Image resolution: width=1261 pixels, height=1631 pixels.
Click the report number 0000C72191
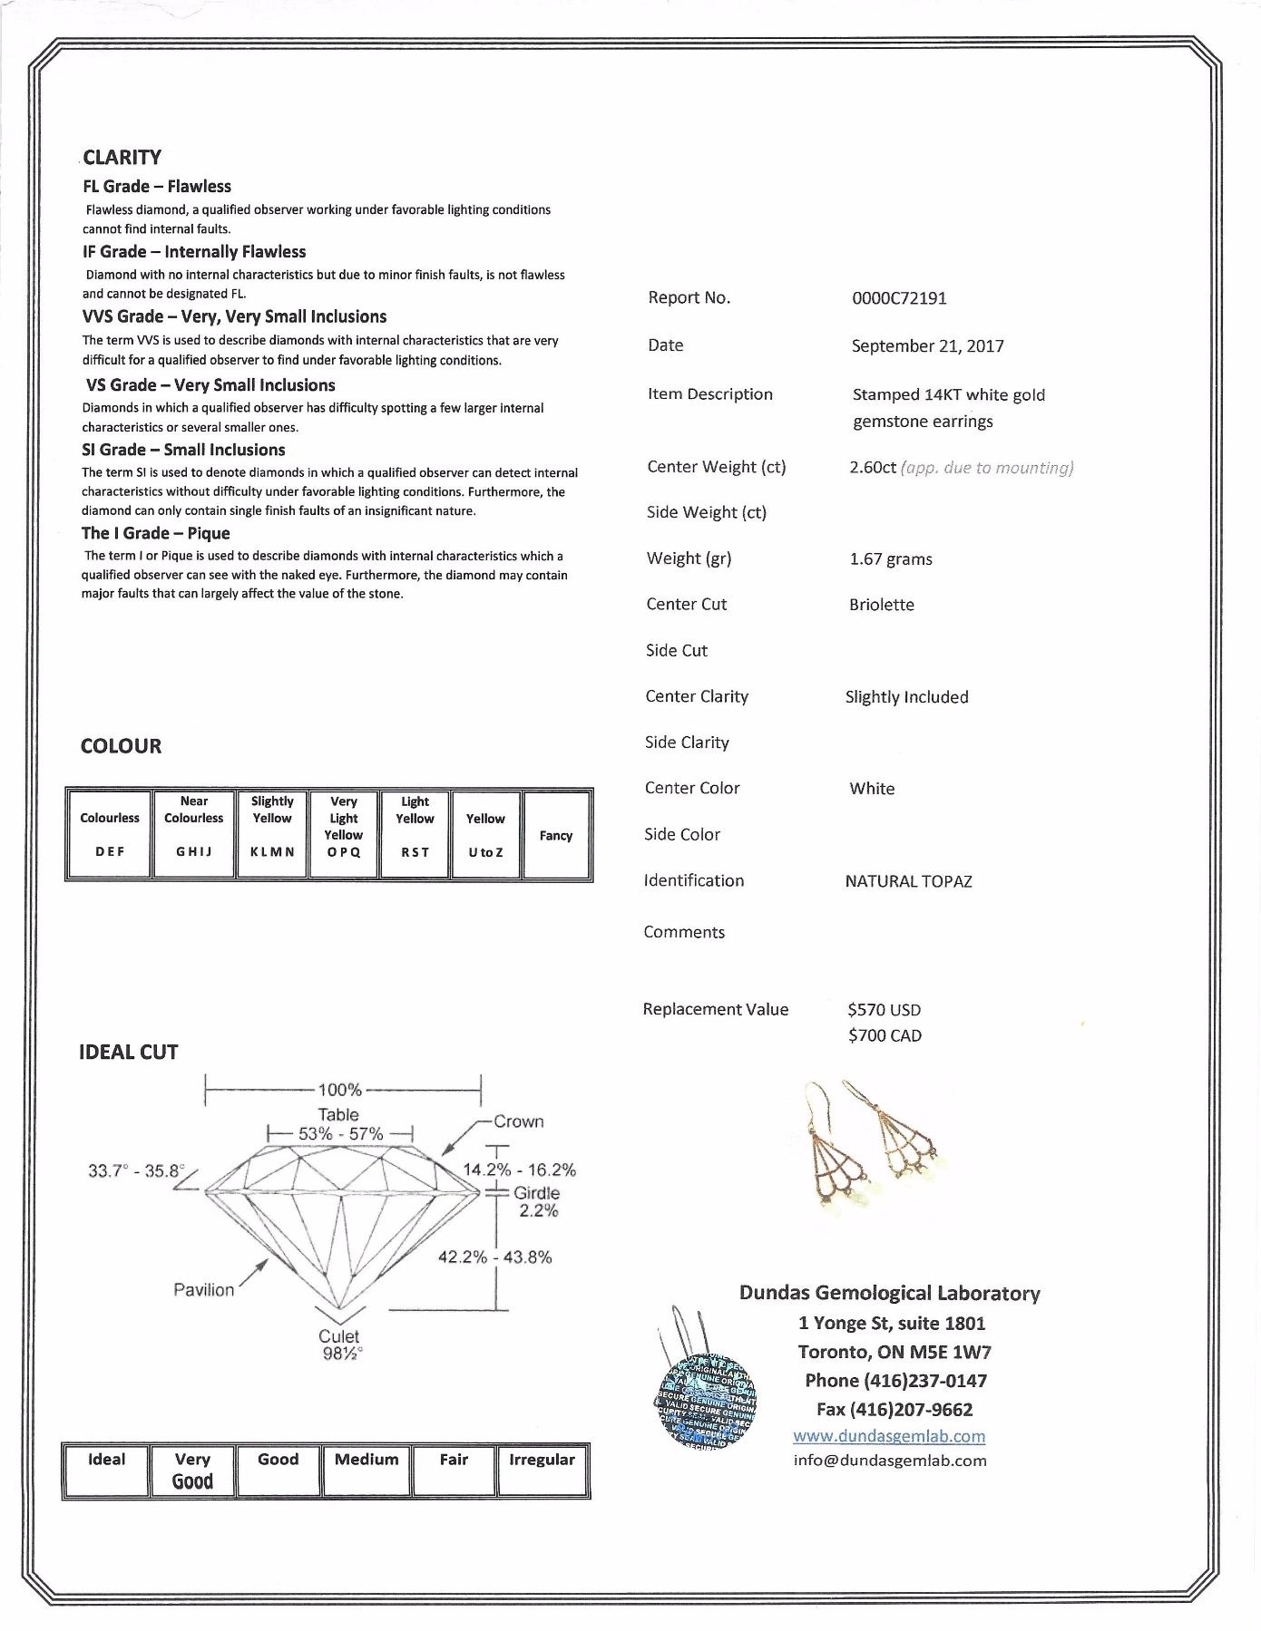click(x=898, y=298)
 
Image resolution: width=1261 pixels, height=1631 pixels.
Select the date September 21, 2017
click(x=927, y=346)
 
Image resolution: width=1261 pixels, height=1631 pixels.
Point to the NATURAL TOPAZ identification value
click(x=908, y=881)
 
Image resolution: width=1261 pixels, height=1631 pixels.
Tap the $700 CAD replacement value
click(x=885, y=1035)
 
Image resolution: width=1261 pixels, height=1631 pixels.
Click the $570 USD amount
click(x=884, y=1010)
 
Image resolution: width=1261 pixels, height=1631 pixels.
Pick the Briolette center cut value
click(x=881, y=605)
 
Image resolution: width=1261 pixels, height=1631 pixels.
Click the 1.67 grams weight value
click(x=890, y=559)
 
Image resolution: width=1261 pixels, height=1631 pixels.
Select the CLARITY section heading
click(x=122, y=158)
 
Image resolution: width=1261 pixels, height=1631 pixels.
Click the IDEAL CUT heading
click(x=129, y=1053)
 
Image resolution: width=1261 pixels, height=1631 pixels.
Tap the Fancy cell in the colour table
click(x=556, y=836)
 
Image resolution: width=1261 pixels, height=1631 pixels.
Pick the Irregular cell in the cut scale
click(x=542, y=1470)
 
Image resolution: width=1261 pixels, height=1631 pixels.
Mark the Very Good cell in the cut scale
click(x=192, y=1471)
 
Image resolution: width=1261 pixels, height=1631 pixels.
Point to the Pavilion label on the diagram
click(x=203, y=1290)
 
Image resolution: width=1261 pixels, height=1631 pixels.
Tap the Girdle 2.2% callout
click(x=537, y=1202)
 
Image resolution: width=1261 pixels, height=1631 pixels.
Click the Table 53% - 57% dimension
click(x=339, y=1125)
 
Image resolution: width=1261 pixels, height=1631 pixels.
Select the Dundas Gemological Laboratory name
click(x=889, y=1294)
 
